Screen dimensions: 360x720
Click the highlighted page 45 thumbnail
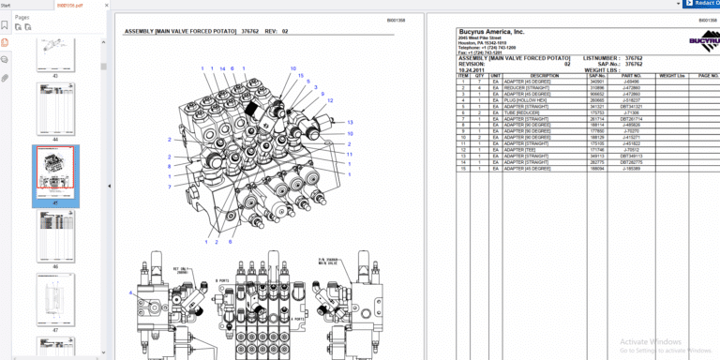[x=55, y=172]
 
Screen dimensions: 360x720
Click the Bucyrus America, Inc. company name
[x=490, y=31]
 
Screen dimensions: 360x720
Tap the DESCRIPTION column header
[x=545, y=75]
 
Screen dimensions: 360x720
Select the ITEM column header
[x=462, y=75]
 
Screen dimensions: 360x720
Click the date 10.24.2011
[x=472, y=69]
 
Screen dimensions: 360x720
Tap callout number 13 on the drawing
[x=350, y=122]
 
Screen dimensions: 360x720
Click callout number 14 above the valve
[x=222, y=68]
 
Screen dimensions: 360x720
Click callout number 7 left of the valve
[x=170, y=187]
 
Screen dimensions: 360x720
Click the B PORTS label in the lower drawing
[x=222, y=280]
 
